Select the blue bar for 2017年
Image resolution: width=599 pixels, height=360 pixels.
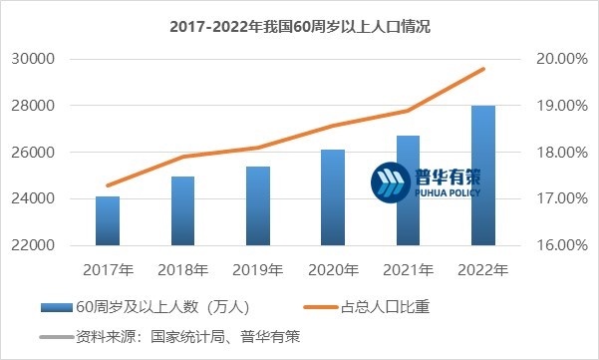tap(108, 220)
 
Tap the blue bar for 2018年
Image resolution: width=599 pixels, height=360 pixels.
tap(182, 210)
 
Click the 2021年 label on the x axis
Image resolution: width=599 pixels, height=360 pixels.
tap(408, 269)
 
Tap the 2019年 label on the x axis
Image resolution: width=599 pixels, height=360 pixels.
tap(258, 269)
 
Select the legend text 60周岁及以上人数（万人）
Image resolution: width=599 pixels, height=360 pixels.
tap(153, 307)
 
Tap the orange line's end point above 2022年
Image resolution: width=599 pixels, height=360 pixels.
tap(483, 69)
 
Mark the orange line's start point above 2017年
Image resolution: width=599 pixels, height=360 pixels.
tap(108, 185)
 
